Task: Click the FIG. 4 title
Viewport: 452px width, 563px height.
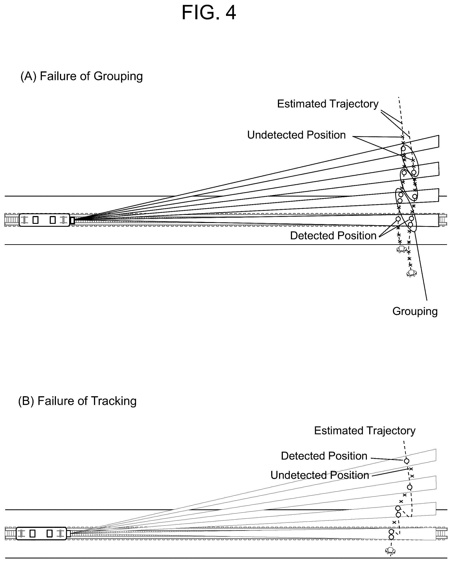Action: (x=209, y=13)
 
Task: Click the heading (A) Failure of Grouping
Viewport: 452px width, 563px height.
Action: (x=82, y=76)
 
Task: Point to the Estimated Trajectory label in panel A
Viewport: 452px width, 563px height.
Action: (x=328, y=104)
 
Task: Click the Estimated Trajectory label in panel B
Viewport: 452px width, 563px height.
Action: (x=365, y=431)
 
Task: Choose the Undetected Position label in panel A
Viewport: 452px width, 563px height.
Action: (x=296, y=135)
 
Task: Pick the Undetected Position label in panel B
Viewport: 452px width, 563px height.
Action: (x=320, y=475)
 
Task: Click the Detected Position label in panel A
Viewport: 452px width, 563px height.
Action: (x=333, y=236)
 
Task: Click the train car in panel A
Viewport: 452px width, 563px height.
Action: (x=45, y=220)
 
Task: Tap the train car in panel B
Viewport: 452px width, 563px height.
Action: (x=41, y=533)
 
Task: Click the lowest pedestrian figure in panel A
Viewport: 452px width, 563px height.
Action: (x=411, y=273)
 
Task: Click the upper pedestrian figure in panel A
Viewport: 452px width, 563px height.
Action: (x=402, y=249)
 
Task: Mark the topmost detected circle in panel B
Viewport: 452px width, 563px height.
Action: (x=406, y=461)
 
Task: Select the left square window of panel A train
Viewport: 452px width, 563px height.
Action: (x=36, y=220)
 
